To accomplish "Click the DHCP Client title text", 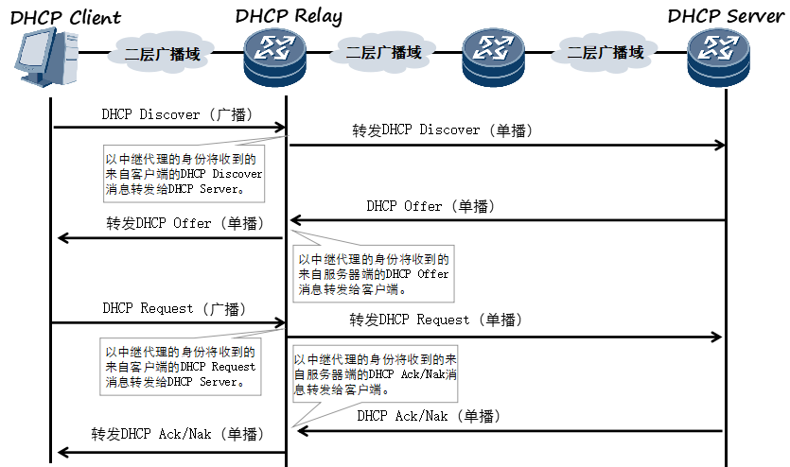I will click(x=66, y=16).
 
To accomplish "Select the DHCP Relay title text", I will click(x=289, y=16).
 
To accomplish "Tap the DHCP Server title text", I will click(x=725, y=16).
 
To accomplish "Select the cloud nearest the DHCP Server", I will click(x=606, y=53).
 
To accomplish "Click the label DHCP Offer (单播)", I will click(x=430, y=206).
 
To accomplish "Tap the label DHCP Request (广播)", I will click(x=174, y=308).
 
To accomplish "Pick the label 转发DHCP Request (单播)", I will click(x=435, y=320).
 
